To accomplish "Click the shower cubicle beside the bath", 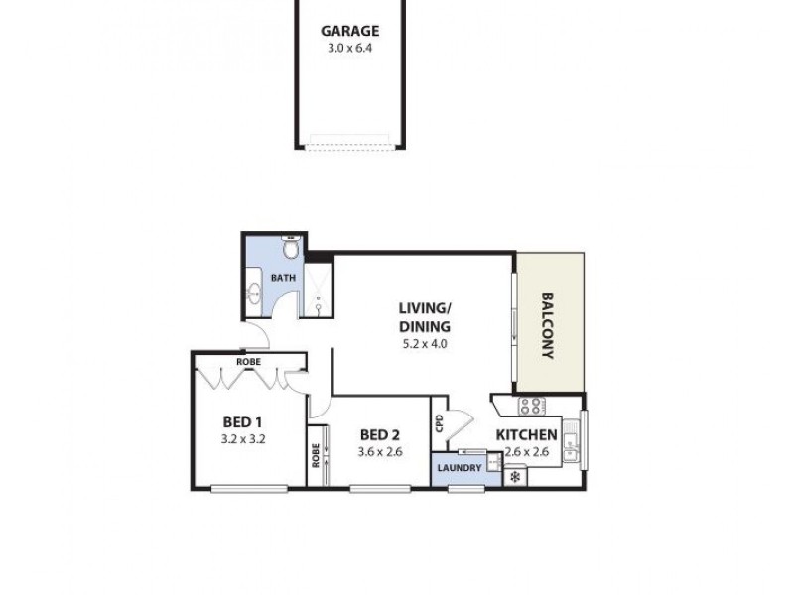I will tap(318, 290).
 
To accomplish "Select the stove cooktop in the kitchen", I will tap(532, 405).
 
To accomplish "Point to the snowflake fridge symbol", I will tap(515, 477).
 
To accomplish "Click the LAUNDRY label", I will tap(459, 467).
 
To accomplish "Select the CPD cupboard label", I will tap(439, 423).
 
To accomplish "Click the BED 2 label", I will tap(379, 434).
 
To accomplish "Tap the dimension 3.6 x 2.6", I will tap(379, 453).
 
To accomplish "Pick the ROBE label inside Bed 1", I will tap(248, 362).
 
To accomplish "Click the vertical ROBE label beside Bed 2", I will tap(316, 455).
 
